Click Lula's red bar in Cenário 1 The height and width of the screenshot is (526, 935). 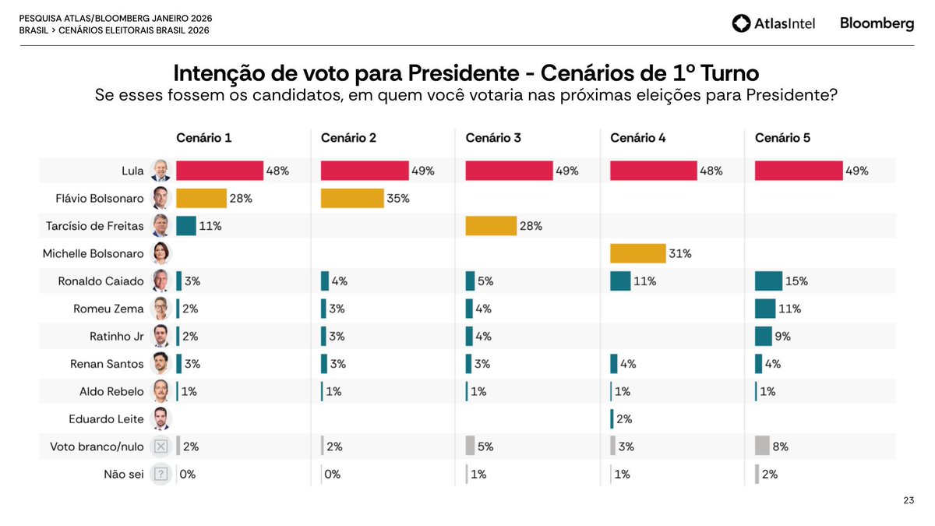tap(220, 171)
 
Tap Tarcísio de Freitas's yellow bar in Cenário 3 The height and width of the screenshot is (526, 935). tap(491, 226)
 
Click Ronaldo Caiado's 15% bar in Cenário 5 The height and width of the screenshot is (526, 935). tap(768, 281)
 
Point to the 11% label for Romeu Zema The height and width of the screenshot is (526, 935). tap(790, 309)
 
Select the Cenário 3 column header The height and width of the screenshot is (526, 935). tap(493, 138)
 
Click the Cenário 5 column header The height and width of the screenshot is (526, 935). tap(782, 138)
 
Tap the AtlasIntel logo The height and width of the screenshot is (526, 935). tap(774, 23)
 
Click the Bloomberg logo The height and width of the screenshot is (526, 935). tap(877, 23)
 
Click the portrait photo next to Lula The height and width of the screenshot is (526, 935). tap(161, 171)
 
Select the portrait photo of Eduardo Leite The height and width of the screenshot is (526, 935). tap(161, 418)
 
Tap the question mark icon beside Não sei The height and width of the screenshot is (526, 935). tap(161, 474)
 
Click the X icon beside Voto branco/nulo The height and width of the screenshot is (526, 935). tap(161, 447)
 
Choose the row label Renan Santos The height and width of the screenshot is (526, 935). tap(101, 364)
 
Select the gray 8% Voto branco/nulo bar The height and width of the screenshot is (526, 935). tap(762, 447)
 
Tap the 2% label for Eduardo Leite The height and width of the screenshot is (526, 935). tap(624, 419)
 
